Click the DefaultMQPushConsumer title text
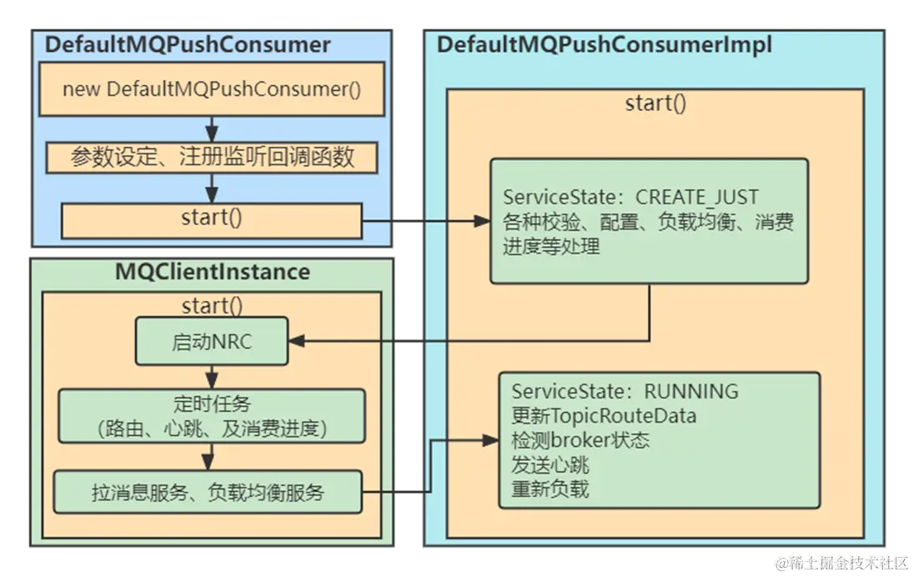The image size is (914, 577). (187, 44)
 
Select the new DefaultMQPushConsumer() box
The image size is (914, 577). (212, 89)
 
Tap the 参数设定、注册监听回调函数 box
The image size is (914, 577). (212, 157)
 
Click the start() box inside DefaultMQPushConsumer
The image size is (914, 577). (212, 219)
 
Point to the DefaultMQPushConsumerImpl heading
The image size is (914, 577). (604, 44)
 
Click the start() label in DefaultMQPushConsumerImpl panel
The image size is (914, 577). (655, 103)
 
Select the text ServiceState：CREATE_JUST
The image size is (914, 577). (630, 198)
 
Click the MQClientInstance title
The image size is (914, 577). (212, 272)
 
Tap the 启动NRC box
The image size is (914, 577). (212, 341)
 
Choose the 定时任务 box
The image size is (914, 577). (212, 415)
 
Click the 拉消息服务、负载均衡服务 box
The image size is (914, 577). (208, 493)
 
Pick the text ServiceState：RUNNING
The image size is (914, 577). (625, 391)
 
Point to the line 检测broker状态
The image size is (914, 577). (580, 439)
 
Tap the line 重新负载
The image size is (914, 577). (550, 489)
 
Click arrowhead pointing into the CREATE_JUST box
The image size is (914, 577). (481, 221)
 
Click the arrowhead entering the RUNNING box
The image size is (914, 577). (491, 440)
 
